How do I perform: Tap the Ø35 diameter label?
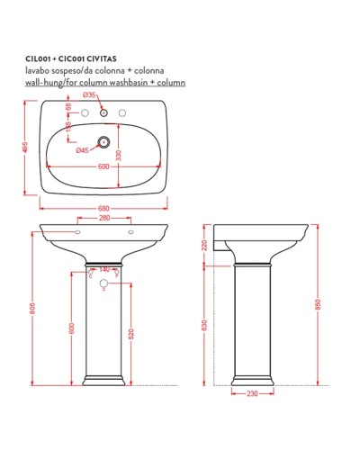(x=88, y=94)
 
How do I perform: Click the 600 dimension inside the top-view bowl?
(x=105, y=167)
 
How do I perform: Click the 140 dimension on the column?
(x=104, y=269)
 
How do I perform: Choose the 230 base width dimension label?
(x=253, y=394)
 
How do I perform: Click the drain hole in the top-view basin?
(x=104, y=140)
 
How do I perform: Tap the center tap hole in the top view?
(x=104, y=113)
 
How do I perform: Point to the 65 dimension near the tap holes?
(x=69, y=107)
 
